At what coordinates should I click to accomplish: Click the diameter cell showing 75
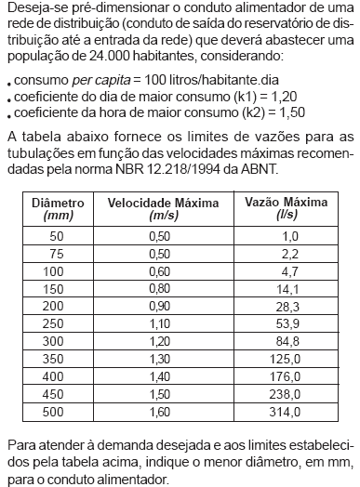click(x=58, y=253)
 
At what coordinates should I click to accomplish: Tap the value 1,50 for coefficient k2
click(x=278, y=113)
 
